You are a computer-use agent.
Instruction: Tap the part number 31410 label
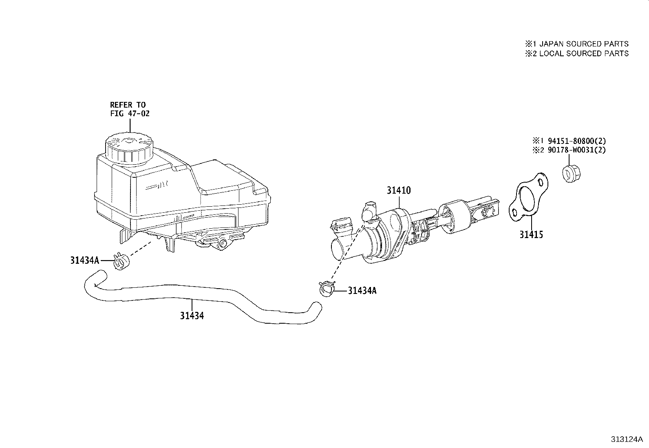pos(399,190)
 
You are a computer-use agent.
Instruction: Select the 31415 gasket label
pos(531,234)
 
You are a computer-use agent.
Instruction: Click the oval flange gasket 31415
pos(528,197)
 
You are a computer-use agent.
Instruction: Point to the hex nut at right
pos(571,173)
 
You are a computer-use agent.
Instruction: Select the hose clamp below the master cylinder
pos(327,288)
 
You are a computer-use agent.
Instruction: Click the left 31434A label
pos(84,260)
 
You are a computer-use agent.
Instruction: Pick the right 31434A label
pos(362,291)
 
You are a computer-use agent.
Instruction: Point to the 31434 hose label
pos(192,315)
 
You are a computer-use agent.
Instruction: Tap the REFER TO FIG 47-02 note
pos(130,109)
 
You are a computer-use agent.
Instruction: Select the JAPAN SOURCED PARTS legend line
pos(576,44)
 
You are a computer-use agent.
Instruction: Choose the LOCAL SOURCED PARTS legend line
pos(576,53)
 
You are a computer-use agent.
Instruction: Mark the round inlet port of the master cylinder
pos(338,249)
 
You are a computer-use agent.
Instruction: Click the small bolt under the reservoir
pos(223,243)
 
